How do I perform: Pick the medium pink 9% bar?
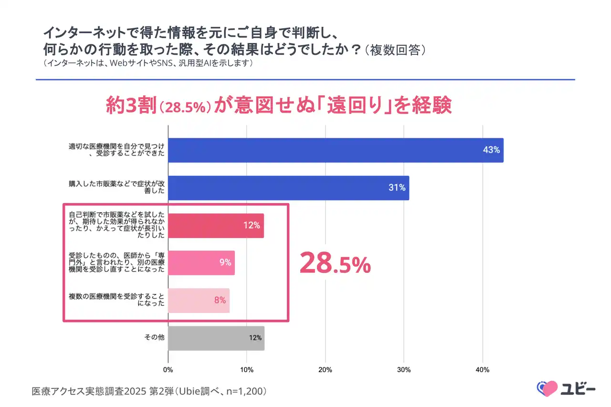[x=201, y=262]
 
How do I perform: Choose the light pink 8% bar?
[x=199, y=301]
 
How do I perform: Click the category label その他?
[x=154, y=338]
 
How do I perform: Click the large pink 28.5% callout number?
[x=335, y=264]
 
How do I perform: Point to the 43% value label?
[x=491, y=150]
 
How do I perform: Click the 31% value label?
[x=397, y=188]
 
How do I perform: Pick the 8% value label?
[x=220, y=301]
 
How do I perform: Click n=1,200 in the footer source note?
[x=245, y=392]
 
